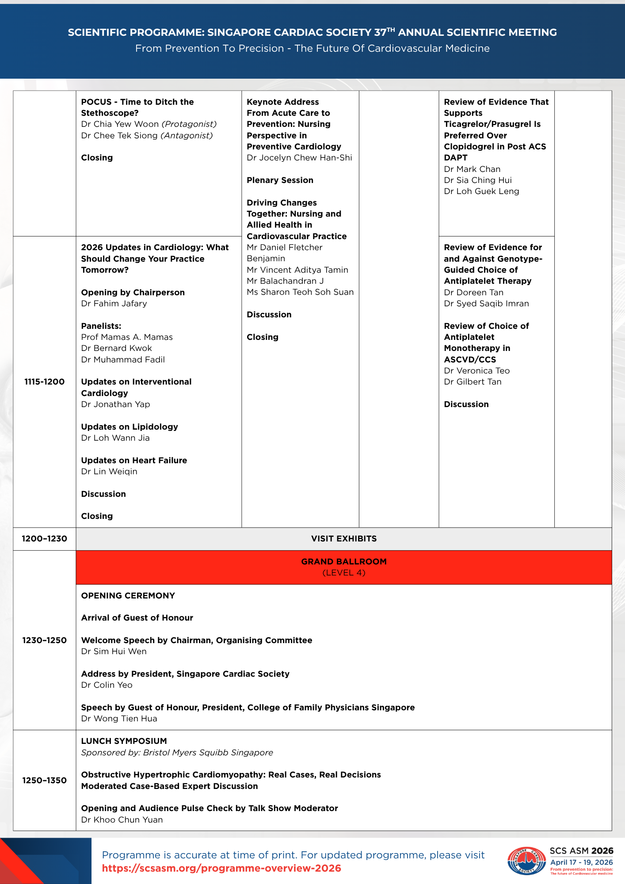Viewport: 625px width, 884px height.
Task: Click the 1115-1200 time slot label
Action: [x=44, y=382]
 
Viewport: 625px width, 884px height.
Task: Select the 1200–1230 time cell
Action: [x=44, y=539]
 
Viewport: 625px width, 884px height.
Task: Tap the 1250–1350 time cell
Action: [x=44, y=780]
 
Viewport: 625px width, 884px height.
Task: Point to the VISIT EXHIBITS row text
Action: [x=344, y=539]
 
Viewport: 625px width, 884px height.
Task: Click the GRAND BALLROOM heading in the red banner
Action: [x=344, y=562]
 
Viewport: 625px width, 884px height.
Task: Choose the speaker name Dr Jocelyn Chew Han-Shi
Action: [x=299, y=158]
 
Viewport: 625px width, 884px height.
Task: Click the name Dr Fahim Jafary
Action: [x=114, y=304]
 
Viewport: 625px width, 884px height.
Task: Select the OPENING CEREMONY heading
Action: [x=128, y=596]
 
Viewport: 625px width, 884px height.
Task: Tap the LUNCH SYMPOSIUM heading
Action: [x=124, y=741]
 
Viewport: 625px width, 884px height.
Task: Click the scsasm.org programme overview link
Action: [x=221, y=868]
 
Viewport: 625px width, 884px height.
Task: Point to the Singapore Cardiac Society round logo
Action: [x=526, y=860]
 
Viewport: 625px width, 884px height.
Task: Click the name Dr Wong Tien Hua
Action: [x=119, y=719]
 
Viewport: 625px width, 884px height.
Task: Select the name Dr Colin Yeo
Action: [x=107, y=685]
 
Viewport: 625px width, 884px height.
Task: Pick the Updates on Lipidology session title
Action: [x=130, y=427]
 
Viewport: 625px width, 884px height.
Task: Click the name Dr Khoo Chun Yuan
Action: [x=122, y=820]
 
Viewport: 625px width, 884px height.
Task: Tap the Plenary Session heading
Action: [x=280, y=180]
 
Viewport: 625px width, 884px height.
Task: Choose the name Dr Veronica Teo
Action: [x=477, y=371]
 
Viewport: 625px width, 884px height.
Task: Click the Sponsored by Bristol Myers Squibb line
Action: [x=177, y=753]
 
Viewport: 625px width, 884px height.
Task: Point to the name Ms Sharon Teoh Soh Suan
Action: [x=300, y=292]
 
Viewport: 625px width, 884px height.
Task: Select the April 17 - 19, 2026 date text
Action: [x=581, y=862]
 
